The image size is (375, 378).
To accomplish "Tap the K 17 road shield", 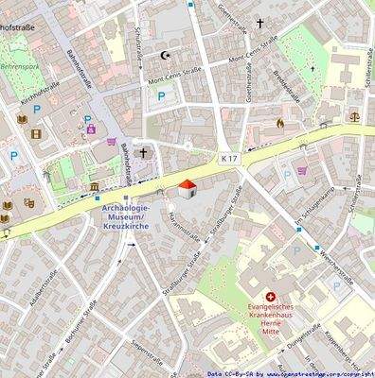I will pos(227,157).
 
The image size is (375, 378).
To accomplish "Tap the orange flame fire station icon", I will pos(279,123).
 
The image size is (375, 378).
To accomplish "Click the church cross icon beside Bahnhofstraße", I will pos(144,151).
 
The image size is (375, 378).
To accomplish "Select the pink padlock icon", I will pos(91,128).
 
